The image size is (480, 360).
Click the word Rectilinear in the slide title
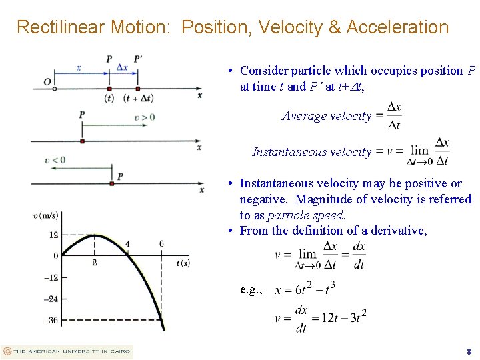(x=57, y=27)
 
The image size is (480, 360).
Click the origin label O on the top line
(x=47, y=81)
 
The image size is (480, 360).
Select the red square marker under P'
(x=137, y=88)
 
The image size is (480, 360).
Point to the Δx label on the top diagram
(x=123, y=67)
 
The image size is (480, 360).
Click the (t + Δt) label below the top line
(x=139, y=98)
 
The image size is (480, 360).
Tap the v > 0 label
(x=144, y=117)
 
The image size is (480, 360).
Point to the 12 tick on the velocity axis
(x=53, y=235)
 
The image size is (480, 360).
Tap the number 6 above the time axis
(x=161, y=245)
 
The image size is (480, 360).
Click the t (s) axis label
(x=183, y=263)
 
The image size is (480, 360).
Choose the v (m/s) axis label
(x=46, y=215)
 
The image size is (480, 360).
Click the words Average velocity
(x=326, y=116)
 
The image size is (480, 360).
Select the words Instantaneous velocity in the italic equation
(x=311, y=152)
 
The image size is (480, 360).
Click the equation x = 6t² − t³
(x=305, y=289)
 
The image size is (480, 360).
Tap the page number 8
(x=469, y=351)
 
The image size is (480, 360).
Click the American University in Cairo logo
(x=67, y=351)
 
